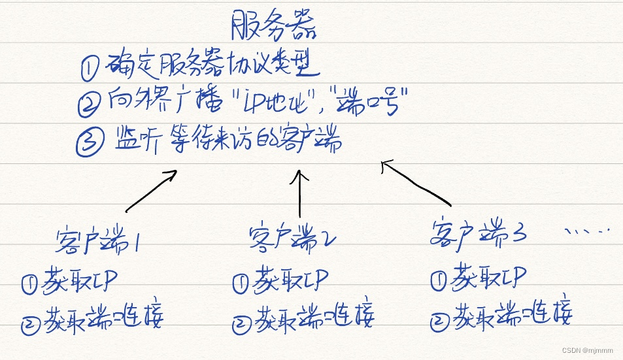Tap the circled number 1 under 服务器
click(x=90, y=67)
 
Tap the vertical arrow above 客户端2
click(x=300, y=193)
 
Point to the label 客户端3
click(x=479, y=234)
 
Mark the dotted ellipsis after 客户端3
click(x=586, y=231)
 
